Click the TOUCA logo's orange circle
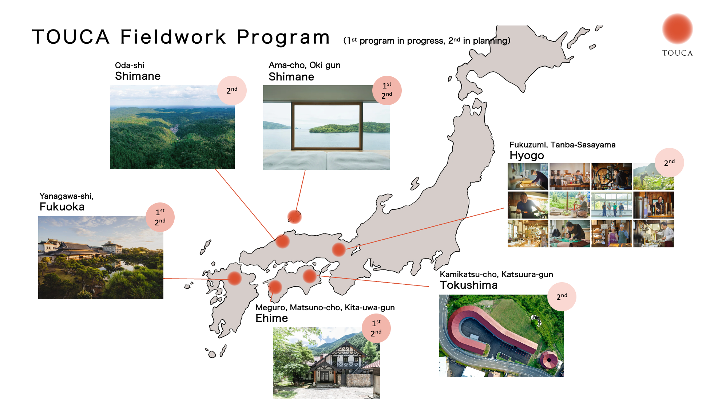pos(677,29)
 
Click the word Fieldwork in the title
pos(173,37)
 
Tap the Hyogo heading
pos(527,155)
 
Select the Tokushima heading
pos(468,285)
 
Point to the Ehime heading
pos(271,318)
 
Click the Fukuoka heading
pos(62,207)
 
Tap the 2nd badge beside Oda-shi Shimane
pos(232,90)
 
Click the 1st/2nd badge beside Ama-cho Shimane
pos(387,90)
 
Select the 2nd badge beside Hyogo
pos(669,162)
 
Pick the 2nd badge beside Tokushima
pos(562,297)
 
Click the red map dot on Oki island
pos(294,217)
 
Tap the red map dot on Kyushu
pos(234,278)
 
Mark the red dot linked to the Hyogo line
pos(338,249)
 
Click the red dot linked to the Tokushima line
pos(310,276)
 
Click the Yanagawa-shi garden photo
pos(100,258)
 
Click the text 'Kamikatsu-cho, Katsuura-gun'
pos(496,275)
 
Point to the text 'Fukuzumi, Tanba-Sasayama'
pos(562,145)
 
